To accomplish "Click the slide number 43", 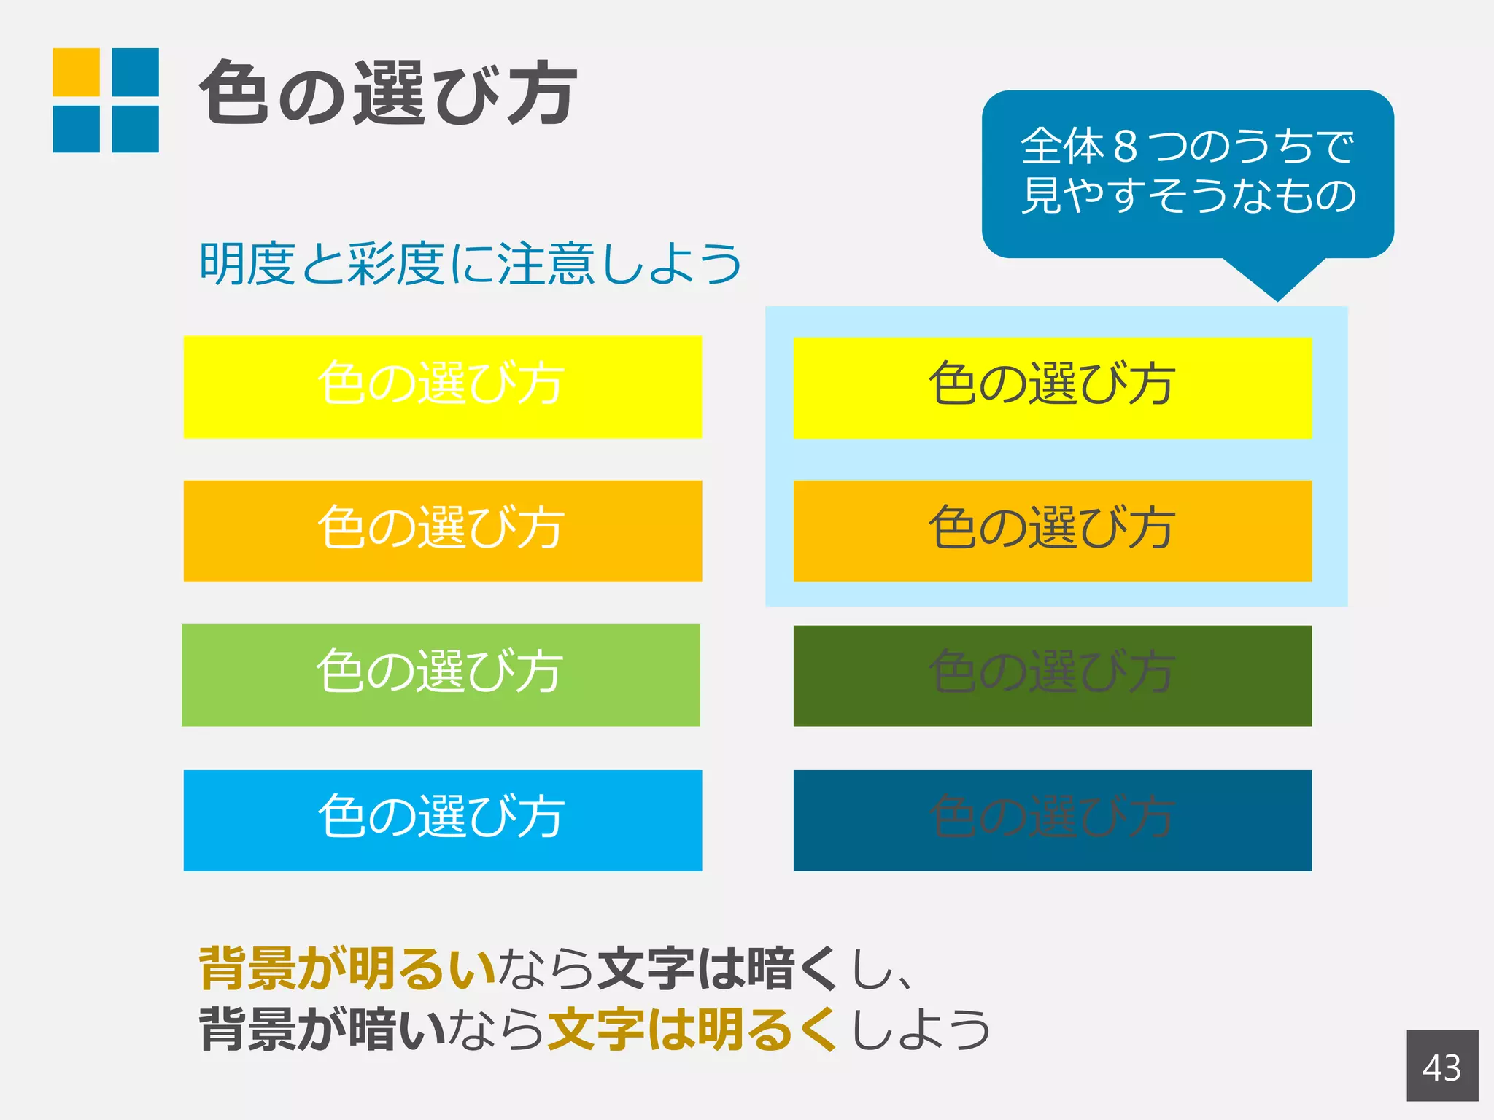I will (1441, 1067).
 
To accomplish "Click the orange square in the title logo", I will (76, 71).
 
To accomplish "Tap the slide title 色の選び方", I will (388, 93).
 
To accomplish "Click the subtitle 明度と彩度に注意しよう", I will (471, 263).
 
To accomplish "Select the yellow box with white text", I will (442, 386).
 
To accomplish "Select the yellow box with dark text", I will (1052, 387).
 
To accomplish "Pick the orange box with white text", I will (442, 530).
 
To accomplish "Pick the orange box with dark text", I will (1052, 530).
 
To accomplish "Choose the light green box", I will (441, 674).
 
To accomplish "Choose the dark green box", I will (1052, 675).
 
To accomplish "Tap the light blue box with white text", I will (442, 820).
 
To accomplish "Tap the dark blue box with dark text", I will (1052, 820).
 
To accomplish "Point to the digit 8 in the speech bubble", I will (1126, 146).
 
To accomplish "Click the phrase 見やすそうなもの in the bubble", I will (1188, 195).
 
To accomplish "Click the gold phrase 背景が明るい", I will (347, 968).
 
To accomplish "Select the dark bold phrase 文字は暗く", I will (718, 968).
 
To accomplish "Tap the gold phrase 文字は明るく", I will (692, 1029).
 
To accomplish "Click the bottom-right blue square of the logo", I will (135, 129).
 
